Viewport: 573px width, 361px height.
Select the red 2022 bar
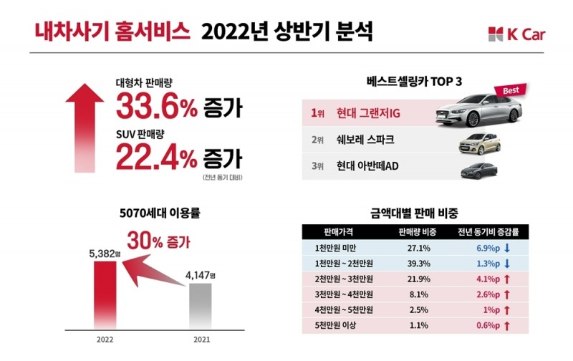point(105,296)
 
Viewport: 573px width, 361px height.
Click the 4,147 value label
point(200,275)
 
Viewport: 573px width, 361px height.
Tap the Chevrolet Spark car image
point(477,143)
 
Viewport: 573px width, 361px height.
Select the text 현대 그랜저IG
point(366,114)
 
